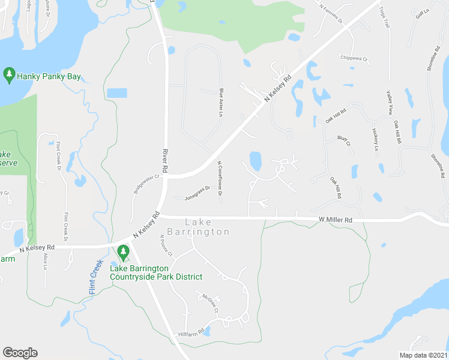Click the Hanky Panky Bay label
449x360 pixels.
[49, 76]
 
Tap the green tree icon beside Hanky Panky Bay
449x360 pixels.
[9, 74]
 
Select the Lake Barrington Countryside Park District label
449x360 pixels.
[155, 272]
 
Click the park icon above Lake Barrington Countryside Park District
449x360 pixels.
[124, 253]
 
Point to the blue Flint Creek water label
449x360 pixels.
[93, 274]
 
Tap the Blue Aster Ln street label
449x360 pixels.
[221, 103]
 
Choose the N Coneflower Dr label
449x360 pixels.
[220, 178]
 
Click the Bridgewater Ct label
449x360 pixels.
[148, 182]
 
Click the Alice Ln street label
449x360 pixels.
[45, 260]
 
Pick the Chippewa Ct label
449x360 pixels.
[354, 59]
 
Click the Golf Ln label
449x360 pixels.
[423, 14]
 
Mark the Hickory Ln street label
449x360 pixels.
[375, 139]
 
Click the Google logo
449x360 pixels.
[20, 353]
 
